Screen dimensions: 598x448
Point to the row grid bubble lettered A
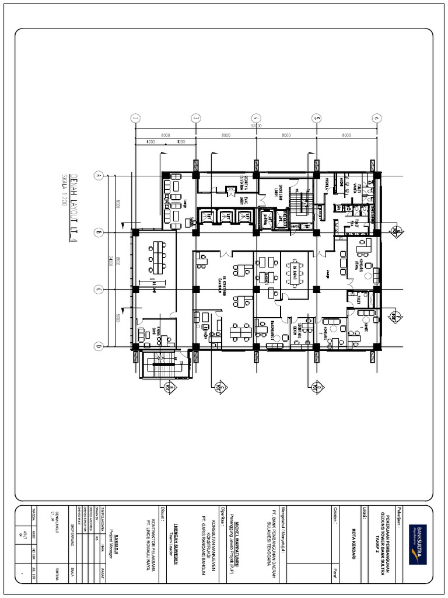[99, 175]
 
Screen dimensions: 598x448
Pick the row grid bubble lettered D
[99, 347]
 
